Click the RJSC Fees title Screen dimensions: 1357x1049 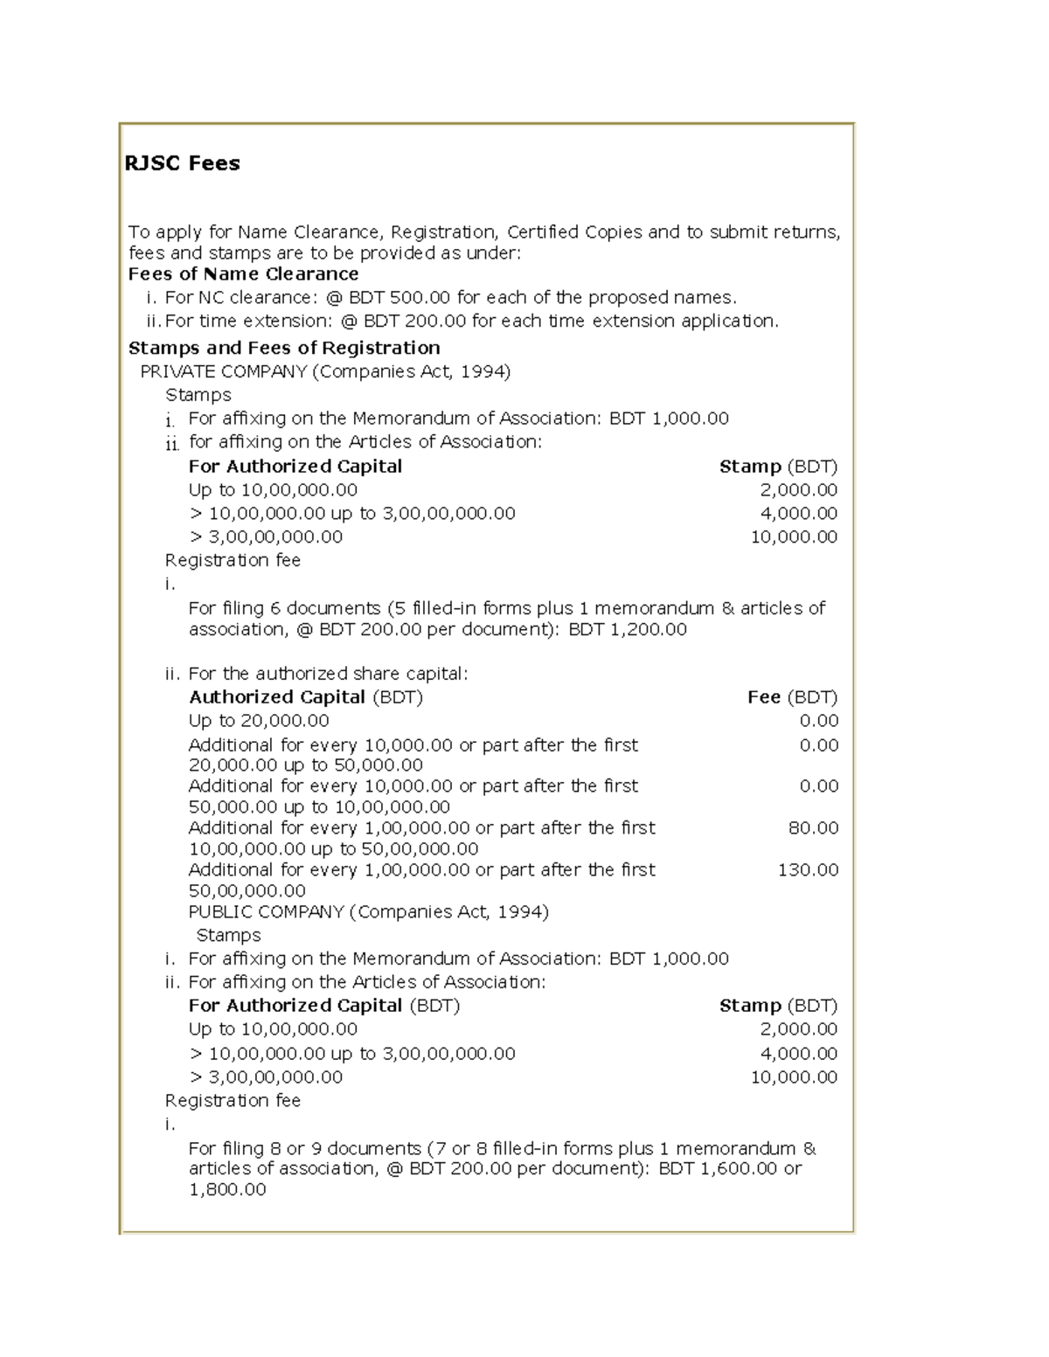tap(182, 163)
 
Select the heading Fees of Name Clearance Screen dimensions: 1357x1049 tap(243, 274)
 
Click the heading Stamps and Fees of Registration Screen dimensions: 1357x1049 tap(284, 348)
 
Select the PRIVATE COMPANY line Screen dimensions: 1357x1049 tap(325, 371)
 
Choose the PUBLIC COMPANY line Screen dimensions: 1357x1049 tap(368, 912)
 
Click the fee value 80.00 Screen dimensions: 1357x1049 tap(813, 827)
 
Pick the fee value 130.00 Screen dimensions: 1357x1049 tap(808, 869)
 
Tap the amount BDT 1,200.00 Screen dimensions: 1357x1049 tap(628, 630)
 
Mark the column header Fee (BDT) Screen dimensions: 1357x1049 tap(792, 697)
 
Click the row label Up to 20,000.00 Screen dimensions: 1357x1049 tap(259, 721)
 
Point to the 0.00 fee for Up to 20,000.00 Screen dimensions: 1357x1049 tap(819, 721)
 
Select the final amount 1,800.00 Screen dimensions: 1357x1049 tap(227, 1190)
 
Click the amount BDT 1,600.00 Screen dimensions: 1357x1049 tap(718, 1169)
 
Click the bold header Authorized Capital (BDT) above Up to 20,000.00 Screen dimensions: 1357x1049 tap(306, 697)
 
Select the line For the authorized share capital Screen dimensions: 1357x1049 tap(328, 674)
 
